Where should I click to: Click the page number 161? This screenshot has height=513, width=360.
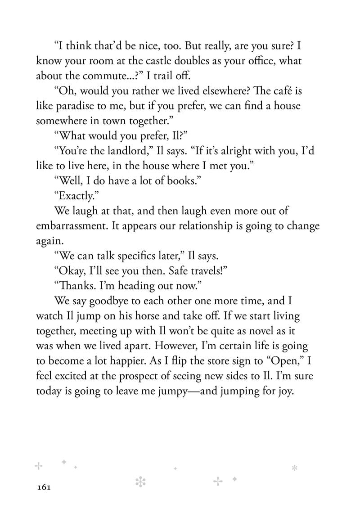pos(43,487)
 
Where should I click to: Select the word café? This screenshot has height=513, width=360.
pos(278,91)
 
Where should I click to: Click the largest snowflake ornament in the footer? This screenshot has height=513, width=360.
pos(141,481)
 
